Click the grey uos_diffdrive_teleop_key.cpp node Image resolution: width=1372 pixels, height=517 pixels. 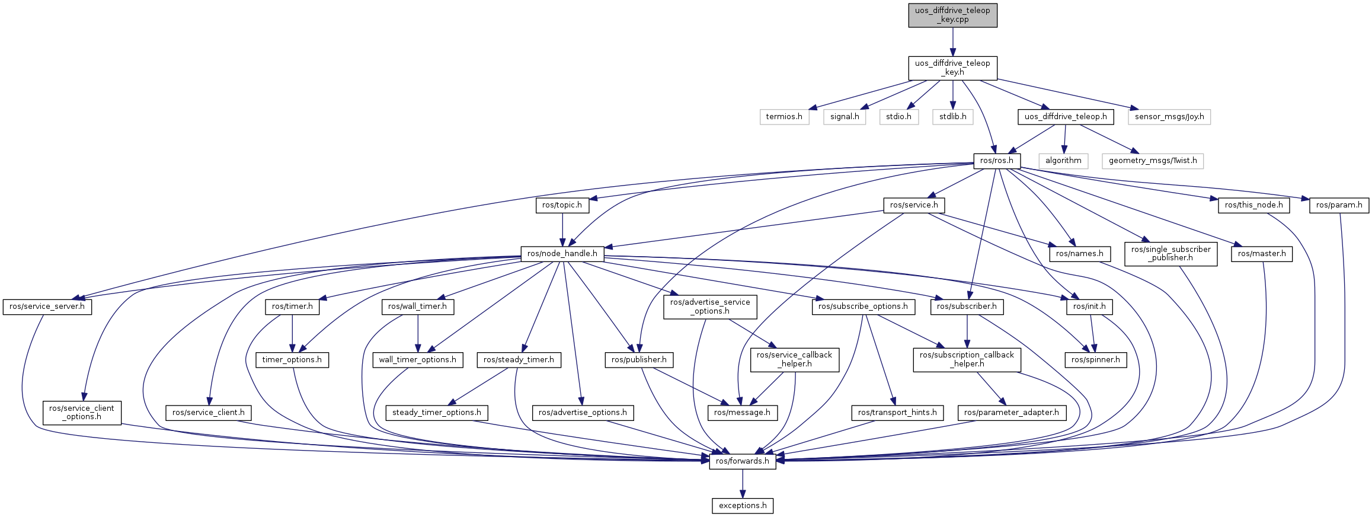(952, 15)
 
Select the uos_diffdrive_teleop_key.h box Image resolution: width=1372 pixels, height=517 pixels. (952, 68)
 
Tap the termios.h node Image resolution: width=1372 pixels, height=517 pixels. (784, 117)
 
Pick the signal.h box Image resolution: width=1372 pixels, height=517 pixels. (845, 117)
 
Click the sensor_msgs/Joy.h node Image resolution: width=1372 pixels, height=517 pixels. (1169, 117)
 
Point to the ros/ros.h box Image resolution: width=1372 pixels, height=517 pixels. (997, 161)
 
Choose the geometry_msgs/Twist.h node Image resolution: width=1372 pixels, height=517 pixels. (1153, 161)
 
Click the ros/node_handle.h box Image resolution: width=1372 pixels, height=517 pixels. (562, 254)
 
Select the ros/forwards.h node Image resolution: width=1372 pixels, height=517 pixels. (743, 461)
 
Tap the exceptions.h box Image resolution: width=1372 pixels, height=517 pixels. (743, 506)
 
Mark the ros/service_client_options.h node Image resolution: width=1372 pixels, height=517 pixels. (82, 413)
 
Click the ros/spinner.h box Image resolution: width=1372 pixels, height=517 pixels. (1096, 360)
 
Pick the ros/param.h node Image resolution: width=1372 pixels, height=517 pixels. (1339, 205)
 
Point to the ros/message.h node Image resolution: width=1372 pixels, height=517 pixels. (742, 413)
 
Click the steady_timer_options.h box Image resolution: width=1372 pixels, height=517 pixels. (437, 413)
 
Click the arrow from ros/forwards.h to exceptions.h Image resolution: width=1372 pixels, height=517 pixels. (743, 484)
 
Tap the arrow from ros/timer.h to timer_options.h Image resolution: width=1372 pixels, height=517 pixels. (292, 333)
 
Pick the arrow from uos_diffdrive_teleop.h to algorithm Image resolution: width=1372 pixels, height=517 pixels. (1065, 139)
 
